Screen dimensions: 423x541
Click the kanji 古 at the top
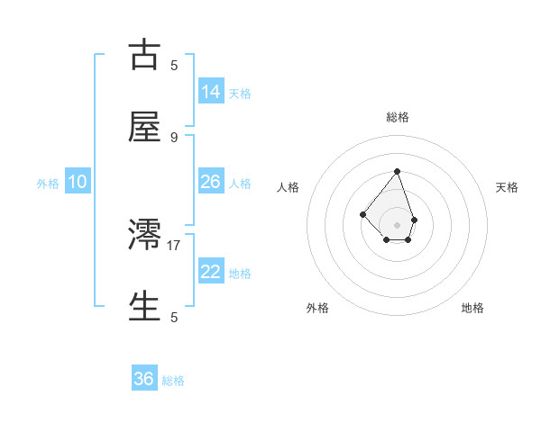tap(144, 55)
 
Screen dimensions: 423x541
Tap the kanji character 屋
tap(144, 127)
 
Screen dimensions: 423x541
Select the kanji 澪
tap(144, 235)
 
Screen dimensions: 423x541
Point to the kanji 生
tap(144, 307)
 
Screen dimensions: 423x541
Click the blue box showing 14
tap(211, 91)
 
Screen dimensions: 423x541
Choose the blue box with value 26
tap(211, 182)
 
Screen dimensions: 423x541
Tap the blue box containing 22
tap(211, 272)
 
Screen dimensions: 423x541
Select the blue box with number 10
tap(78, 182)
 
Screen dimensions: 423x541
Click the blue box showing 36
tap(144, 379)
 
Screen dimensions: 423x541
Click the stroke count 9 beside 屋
tap(174, 137)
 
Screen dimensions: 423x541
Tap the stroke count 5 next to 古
tap(174, 65)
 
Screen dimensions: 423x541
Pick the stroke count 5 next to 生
tap(174, 317)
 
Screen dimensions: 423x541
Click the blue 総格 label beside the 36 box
tap(173, 381)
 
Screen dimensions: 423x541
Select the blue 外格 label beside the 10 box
tap(48, 184)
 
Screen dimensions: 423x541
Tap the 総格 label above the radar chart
tap(398, 117)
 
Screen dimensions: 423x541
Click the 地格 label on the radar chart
tap(472, 308)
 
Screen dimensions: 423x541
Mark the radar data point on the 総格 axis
tap(397, 171)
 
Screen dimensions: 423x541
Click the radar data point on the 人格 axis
tap(362, 214)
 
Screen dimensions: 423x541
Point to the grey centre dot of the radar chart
tap(397, 225)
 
